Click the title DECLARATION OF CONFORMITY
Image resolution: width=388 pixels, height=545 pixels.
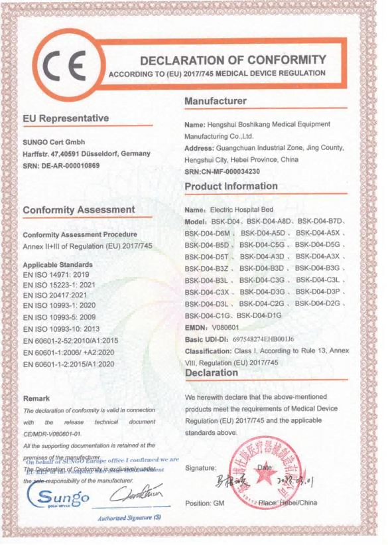[x=233, y=60]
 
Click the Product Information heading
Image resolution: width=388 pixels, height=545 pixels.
[x=231, y=186]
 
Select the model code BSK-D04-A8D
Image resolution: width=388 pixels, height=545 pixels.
[x=271, y=220]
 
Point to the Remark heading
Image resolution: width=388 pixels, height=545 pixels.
[x=37, y=398]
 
